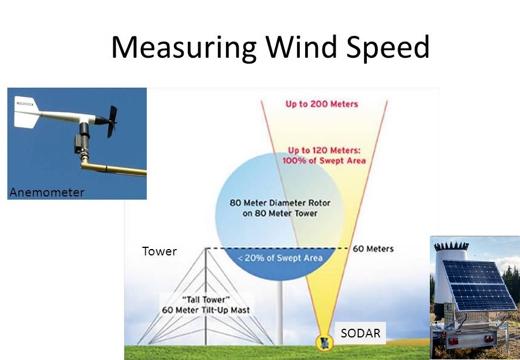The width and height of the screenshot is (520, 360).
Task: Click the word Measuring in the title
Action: tap(184, 47)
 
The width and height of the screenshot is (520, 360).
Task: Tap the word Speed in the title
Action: tap(388, 47)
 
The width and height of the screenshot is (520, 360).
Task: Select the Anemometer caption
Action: tap(47, 192)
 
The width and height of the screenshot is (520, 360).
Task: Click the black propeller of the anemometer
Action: tap(112, 121)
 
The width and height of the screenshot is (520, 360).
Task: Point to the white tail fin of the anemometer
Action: tap(27, 112)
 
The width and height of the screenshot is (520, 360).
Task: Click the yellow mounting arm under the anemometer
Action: tap(113, 168)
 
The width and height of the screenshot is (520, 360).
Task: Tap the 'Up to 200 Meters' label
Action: tap(322, 104)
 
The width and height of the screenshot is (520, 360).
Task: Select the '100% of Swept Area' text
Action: tap(324, 161)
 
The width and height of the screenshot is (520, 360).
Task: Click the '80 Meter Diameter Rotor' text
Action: tap(280, 203)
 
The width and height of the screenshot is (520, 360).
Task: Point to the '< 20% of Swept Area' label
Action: tap(280, 258)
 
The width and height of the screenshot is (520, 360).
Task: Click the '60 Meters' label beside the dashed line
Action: tap(373, 249)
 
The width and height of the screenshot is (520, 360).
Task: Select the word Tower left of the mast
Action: tap(159, 251)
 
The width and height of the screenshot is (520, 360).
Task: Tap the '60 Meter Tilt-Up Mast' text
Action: tap(206, 310)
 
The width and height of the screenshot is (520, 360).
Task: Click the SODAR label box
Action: tap(361, 333)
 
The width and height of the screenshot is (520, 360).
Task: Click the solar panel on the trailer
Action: tap(479, 285)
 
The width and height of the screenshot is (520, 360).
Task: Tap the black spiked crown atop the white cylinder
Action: tap(451, 246)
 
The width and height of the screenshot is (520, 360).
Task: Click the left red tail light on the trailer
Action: tap(453, 341)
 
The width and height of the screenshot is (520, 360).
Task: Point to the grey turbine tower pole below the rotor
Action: tap(280, 313)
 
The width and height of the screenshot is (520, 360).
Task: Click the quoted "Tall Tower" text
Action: tap(206, 299)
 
